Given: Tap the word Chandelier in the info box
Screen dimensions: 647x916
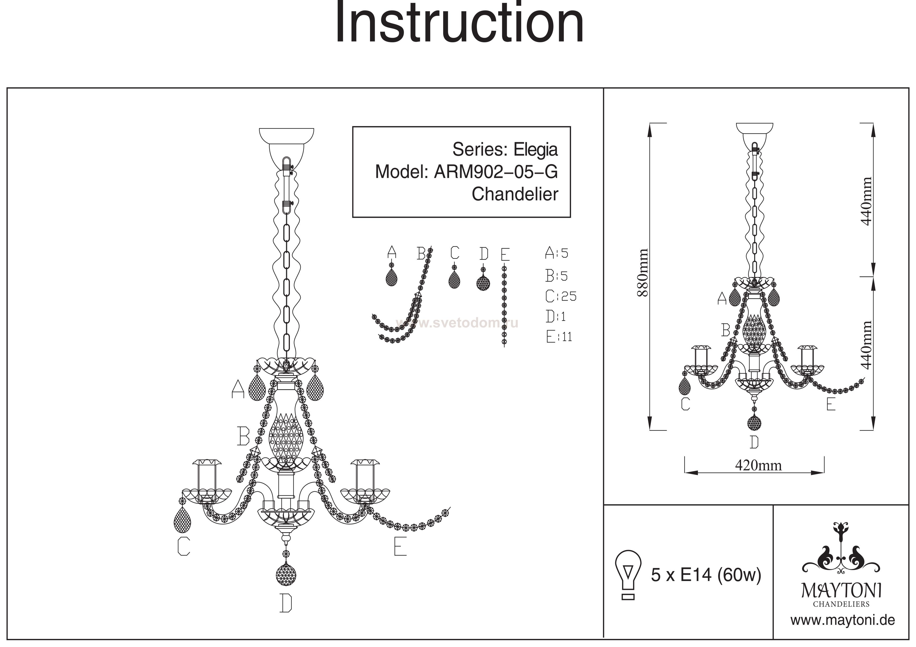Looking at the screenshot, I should pyautogui.click(x=515, y=195).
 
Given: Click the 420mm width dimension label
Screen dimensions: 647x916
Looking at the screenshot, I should pyautogui.click(x=758, y=465).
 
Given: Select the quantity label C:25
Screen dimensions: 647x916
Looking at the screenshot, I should pyautogui.click(x=561, y=296).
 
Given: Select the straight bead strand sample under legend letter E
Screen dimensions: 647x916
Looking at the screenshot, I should pyautogui.click(x=504, y=305).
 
